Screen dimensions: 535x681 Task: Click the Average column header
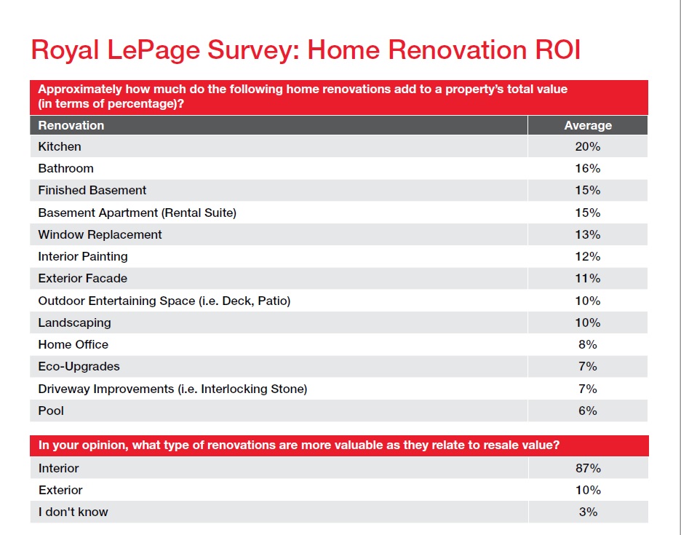588,125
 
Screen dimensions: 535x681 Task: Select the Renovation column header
71,125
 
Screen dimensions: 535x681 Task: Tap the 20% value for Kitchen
588,146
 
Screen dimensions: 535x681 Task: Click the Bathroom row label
66,168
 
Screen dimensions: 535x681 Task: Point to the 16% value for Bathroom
588,168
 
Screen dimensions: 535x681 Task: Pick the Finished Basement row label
92,190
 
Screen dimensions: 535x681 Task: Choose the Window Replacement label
100,234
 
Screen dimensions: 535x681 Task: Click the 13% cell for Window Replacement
588,234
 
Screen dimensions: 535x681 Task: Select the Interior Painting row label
83,256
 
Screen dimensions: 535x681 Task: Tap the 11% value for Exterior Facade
588,278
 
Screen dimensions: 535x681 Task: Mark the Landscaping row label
75,322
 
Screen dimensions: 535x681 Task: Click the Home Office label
73,344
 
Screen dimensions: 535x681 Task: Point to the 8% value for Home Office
588,344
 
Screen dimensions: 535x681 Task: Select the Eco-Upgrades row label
79,366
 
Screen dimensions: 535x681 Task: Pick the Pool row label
51,411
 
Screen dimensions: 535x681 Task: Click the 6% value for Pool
588,411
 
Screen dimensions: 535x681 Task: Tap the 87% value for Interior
588,468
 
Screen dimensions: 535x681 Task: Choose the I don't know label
73,512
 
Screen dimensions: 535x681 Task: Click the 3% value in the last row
588,512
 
